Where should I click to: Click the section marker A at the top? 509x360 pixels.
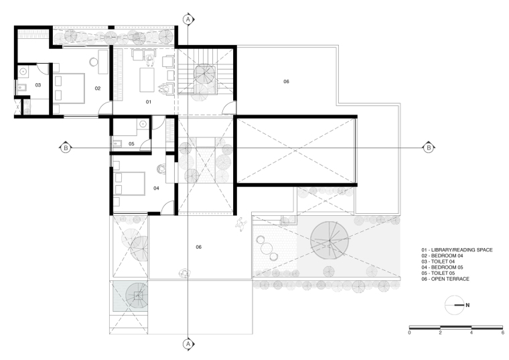point(188,19)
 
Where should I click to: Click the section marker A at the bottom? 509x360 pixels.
point(188,344)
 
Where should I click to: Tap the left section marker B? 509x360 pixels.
point(66,148)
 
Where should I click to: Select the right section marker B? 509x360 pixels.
point(429,148)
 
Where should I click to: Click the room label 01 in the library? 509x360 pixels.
point(149,102)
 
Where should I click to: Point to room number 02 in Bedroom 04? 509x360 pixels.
point(98,88)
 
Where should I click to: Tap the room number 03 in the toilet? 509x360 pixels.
point(38,84)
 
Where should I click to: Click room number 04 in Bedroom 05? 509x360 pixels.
point(156,188)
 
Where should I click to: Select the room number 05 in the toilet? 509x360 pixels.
point(131,143)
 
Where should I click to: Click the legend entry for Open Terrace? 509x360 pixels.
point(445,279)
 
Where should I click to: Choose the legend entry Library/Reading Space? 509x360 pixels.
point(457,250)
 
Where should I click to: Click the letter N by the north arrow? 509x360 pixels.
point(467,305)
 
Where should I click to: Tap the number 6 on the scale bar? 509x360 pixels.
point(502,333)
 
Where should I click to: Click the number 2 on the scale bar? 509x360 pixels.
point(440,333)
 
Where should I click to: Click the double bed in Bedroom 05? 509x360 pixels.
point(129,184)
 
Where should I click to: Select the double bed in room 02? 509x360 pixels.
point(69,88)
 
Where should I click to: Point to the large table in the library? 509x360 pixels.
point(147,80)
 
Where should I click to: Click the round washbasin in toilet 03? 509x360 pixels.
point(23,71)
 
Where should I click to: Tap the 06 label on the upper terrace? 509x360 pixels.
point(286,81)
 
